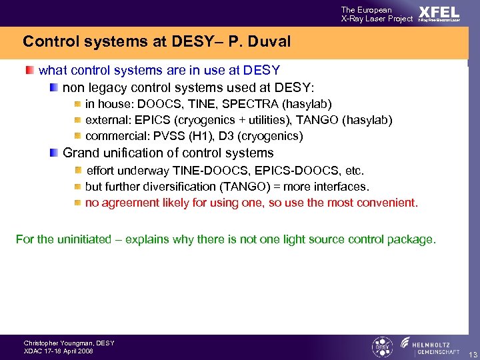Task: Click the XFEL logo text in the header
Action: click(x=439, y=13)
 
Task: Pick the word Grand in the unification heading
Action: click(x=79, y=153)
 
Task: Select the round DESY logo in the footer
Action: click(x=382, y=347)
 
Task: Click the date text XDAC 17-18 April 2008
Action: click(x=59, y=351)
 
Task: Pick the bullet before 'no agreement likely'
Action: click(x=77, y=203)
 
